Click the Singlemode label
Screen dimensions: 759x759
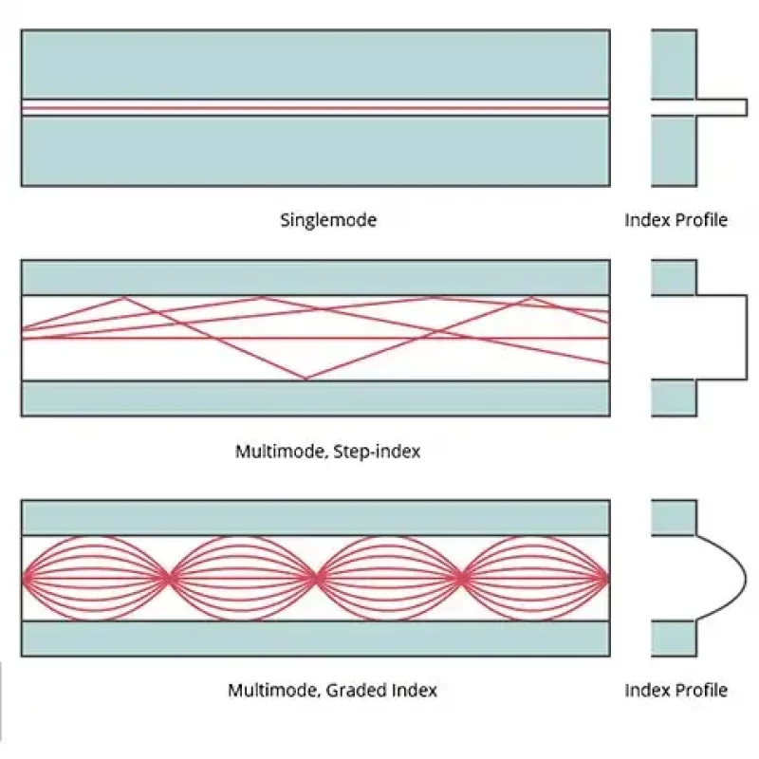328,220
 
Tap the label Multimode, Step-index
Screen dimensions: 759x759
327,452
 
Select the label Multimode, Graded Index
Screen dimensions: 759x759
332,691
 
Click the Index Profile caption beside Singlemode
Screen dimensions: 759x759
676,220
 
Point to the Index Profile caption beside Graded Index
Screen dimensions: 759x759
676,691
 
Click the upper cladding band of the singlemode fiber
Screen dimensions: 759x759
315,64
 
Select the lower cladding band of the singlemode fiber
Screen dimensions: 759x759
315,151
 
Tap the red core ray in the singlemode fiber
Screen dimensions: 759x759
315,108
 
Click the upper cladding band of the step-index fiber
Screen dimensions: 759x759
315,277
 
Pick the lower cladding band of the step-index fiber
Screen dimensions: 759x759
315,398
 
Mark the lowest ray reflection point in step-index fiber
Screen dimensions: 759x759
305,379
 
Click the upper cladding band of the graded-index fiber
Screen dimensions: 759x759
315,517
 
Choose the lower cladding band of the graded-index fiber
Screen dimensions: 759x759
315,639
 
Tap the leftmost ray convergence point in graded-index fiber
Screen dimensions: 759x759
170,576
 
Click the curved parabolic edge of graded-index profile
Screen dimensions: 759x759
745,577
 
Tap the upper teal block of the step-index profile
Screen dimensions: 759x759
674,277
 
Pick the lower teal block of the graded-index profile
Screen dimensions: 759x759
674,639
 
